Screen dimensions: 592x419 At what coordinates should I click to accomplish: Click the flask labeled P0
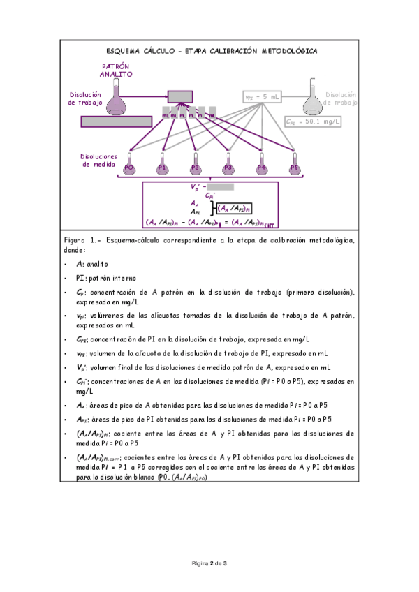(x=129, y=165)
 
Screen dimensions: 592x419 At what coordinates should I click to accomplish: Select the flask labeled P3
(x=228, y=165)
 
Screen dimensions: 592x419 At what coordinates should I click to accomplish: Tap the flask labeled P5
(x=294, y=165)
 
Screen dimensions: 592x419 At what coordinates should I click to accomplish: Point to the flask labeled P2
(x=195, y=165)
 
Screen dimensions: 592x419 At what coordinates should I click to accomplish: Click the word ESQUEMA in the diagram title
(x=124, y=51)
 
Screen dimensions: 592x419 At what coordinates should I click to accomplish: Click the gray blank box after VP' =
(x=221, y=187)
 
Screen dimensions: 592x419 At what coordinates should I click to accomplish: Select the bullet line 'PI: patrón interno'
(x=106, y=277)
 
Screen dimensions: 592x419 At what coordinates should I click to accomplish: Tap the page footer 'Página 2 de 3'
(x=210, y=563)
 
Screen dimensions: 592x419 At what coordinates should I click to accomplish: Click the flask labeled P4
(x=261, y=165)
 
